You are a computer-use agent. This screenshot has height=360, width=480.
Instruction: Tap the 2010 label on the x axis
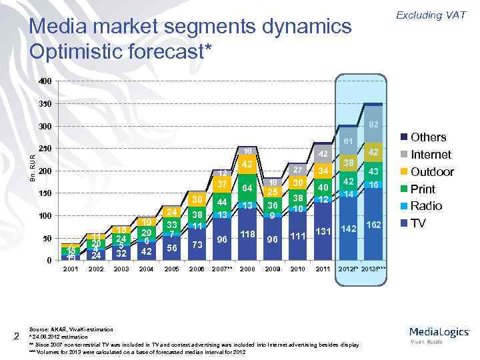[297, 270]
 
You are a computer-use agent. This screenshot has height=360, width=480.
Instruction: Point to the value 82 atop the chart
[373, 125]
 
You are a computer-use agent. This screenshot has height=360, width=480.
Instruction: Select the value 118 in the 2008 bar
[247, 234]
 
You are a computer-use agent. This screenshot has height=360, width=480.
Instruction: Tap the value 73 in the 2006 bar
[197, 245]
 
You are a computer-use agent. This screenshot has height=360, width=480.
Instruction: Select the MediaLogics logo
[439, 333]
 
